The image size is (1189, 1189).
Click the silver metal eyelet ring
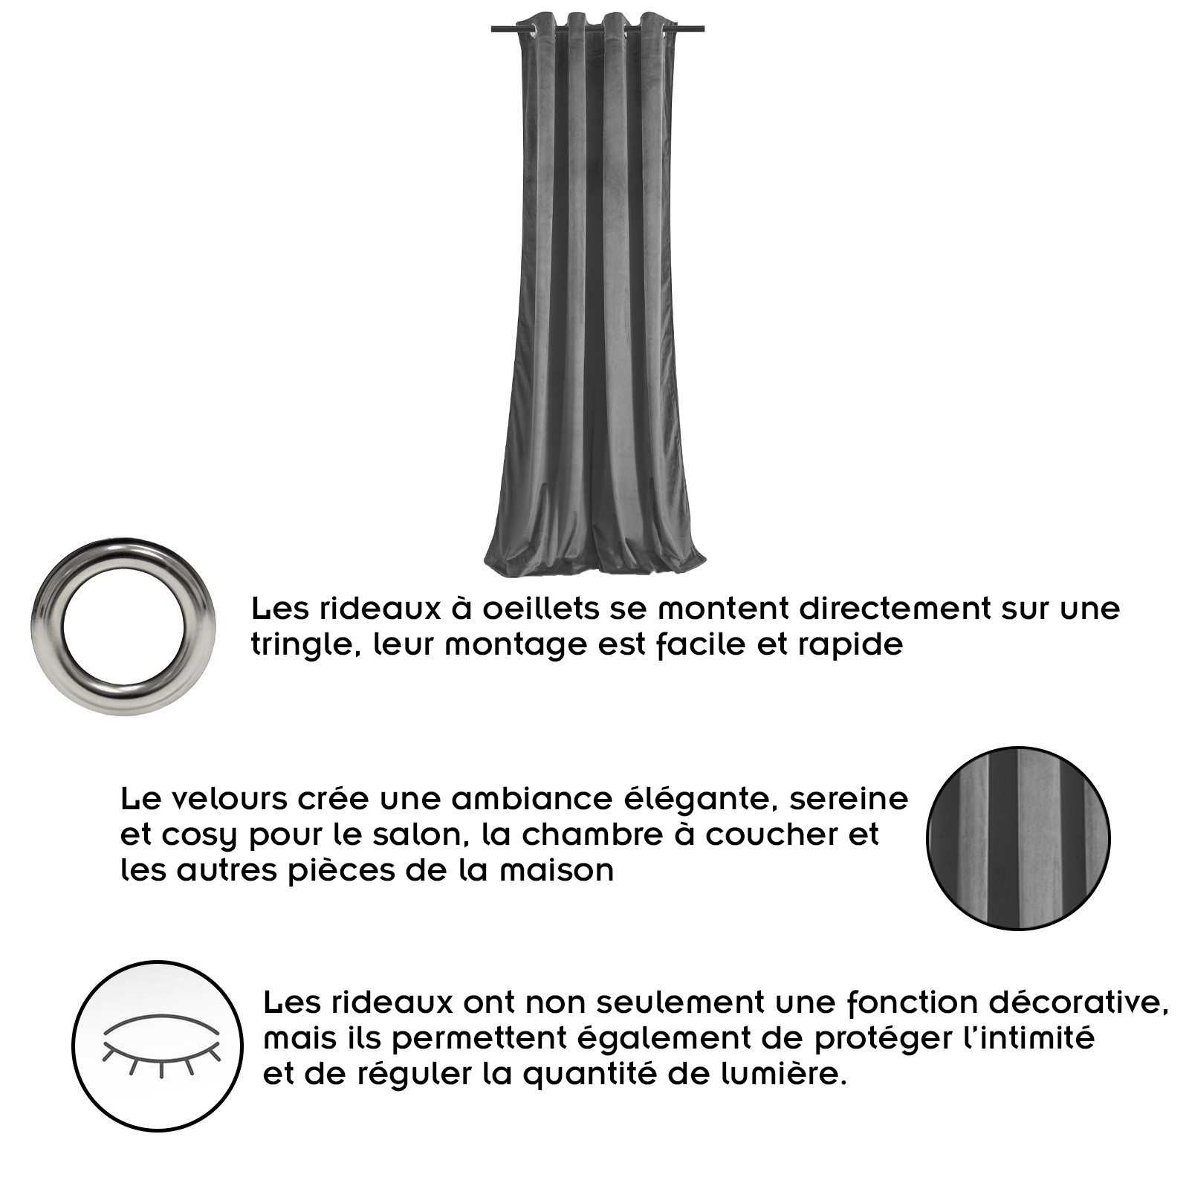pos(123,626)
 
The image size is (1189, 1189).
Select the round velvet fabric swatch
pos(1018,838)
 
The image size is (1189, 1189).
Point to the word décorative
pos(1078,1003)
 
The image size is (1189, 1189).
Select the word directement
pos(895,609)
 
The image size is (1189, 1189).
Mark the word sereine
pos(849,800)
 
